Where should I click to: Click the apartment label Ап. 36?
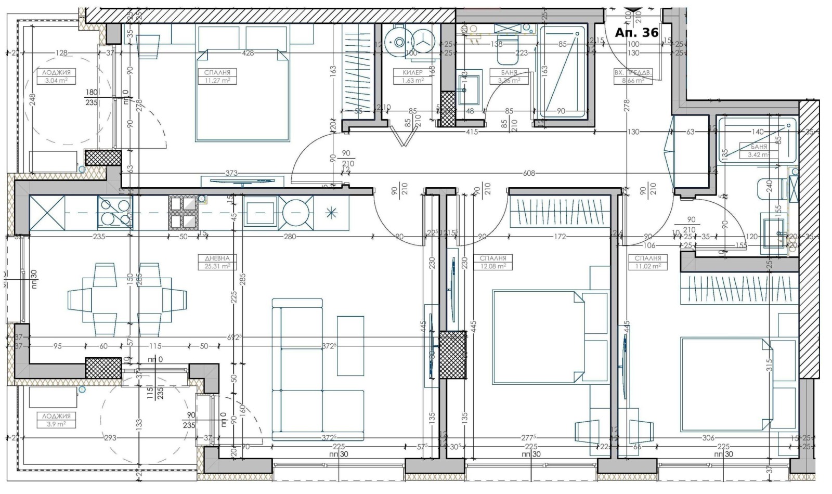point(636,33)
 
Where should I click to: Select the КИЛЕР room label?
point(412,73)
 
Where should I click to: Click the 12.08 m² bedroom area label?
point(492,266)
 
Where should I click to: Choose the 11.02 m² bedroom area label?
point(647,266)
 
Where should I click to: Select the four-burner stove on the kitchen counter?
point(115,212)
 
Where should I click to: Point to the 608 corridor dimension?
point(528,173)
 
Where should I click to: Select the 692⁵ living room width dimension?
point(236,336)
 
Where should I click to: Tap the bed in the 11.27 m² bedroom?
point(242,95)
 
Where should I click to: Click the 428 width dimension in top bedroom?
point(248,53)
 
